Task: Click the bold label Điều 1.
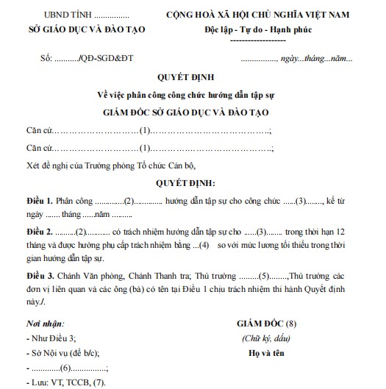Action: (x=37, y=201)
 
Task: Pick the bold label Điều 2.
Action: (x=37, y=232)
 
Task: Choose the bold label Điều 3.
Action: (x=37, y=276)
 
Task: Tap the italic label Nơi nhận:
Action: (x=44, y=323)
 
